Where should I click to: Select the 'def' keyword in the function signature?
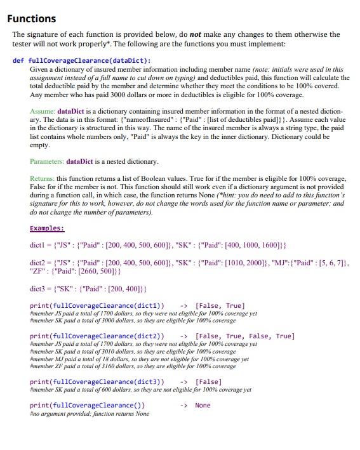tap(18, 60)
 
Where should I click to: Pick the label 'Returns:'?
tap(43, 180)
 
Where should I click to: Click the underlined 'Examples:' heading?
tap(47, 228)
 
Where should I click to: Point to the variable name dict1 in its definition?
tap(39, 244)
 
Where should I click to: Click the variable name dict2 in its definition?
tap(39, 262)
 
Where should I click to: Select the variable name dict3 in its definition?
tap(39, 289)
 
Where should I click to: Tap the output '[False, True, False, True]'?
tap(245, 336)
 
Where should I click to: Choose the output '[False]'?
tap(208, 381)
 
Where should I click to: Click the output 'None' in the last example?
tap(203, 405)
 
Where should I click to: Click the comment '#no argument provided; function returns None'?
tap(90, 414)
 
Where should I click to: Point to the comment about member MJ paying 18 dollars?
tap(139, 359)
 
